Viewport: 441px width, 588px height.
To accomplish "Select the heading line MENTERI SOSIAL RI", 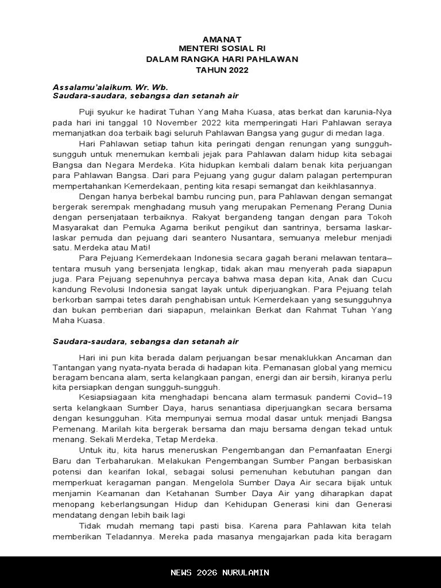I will (222, 49).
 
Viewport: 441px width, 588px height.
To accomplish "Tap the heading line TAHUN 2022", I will (222, 70).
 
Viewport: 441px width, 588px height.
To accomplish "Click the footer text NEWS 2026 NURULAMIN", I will (220, 572).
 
